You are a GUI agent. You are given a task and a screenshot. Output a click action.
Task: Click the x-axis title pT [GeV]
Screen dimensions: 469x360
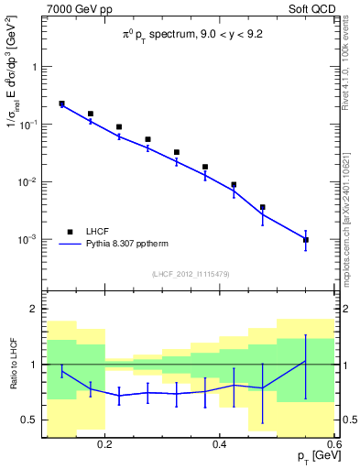tap(311, 455)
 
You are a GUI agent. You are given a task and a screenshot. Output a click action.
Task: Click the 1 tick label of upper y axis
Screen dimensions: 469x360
tap(34, 67)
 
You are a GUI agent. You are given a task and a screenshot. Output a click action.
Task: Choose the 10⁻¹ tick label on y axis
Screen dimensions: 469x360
tap(28, 124)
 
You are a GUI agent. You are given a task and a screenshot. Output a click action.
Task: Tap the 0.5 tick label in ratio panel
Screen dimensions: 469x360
tap(29, 420)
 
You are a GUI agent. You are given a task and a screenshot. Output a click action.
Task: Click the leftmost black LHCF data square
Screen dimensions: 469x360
tap(61, 104)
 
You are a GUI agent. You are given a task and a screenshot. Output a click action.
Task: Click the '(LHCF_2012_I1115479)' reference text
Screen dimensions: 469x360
tap(190, 275)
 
